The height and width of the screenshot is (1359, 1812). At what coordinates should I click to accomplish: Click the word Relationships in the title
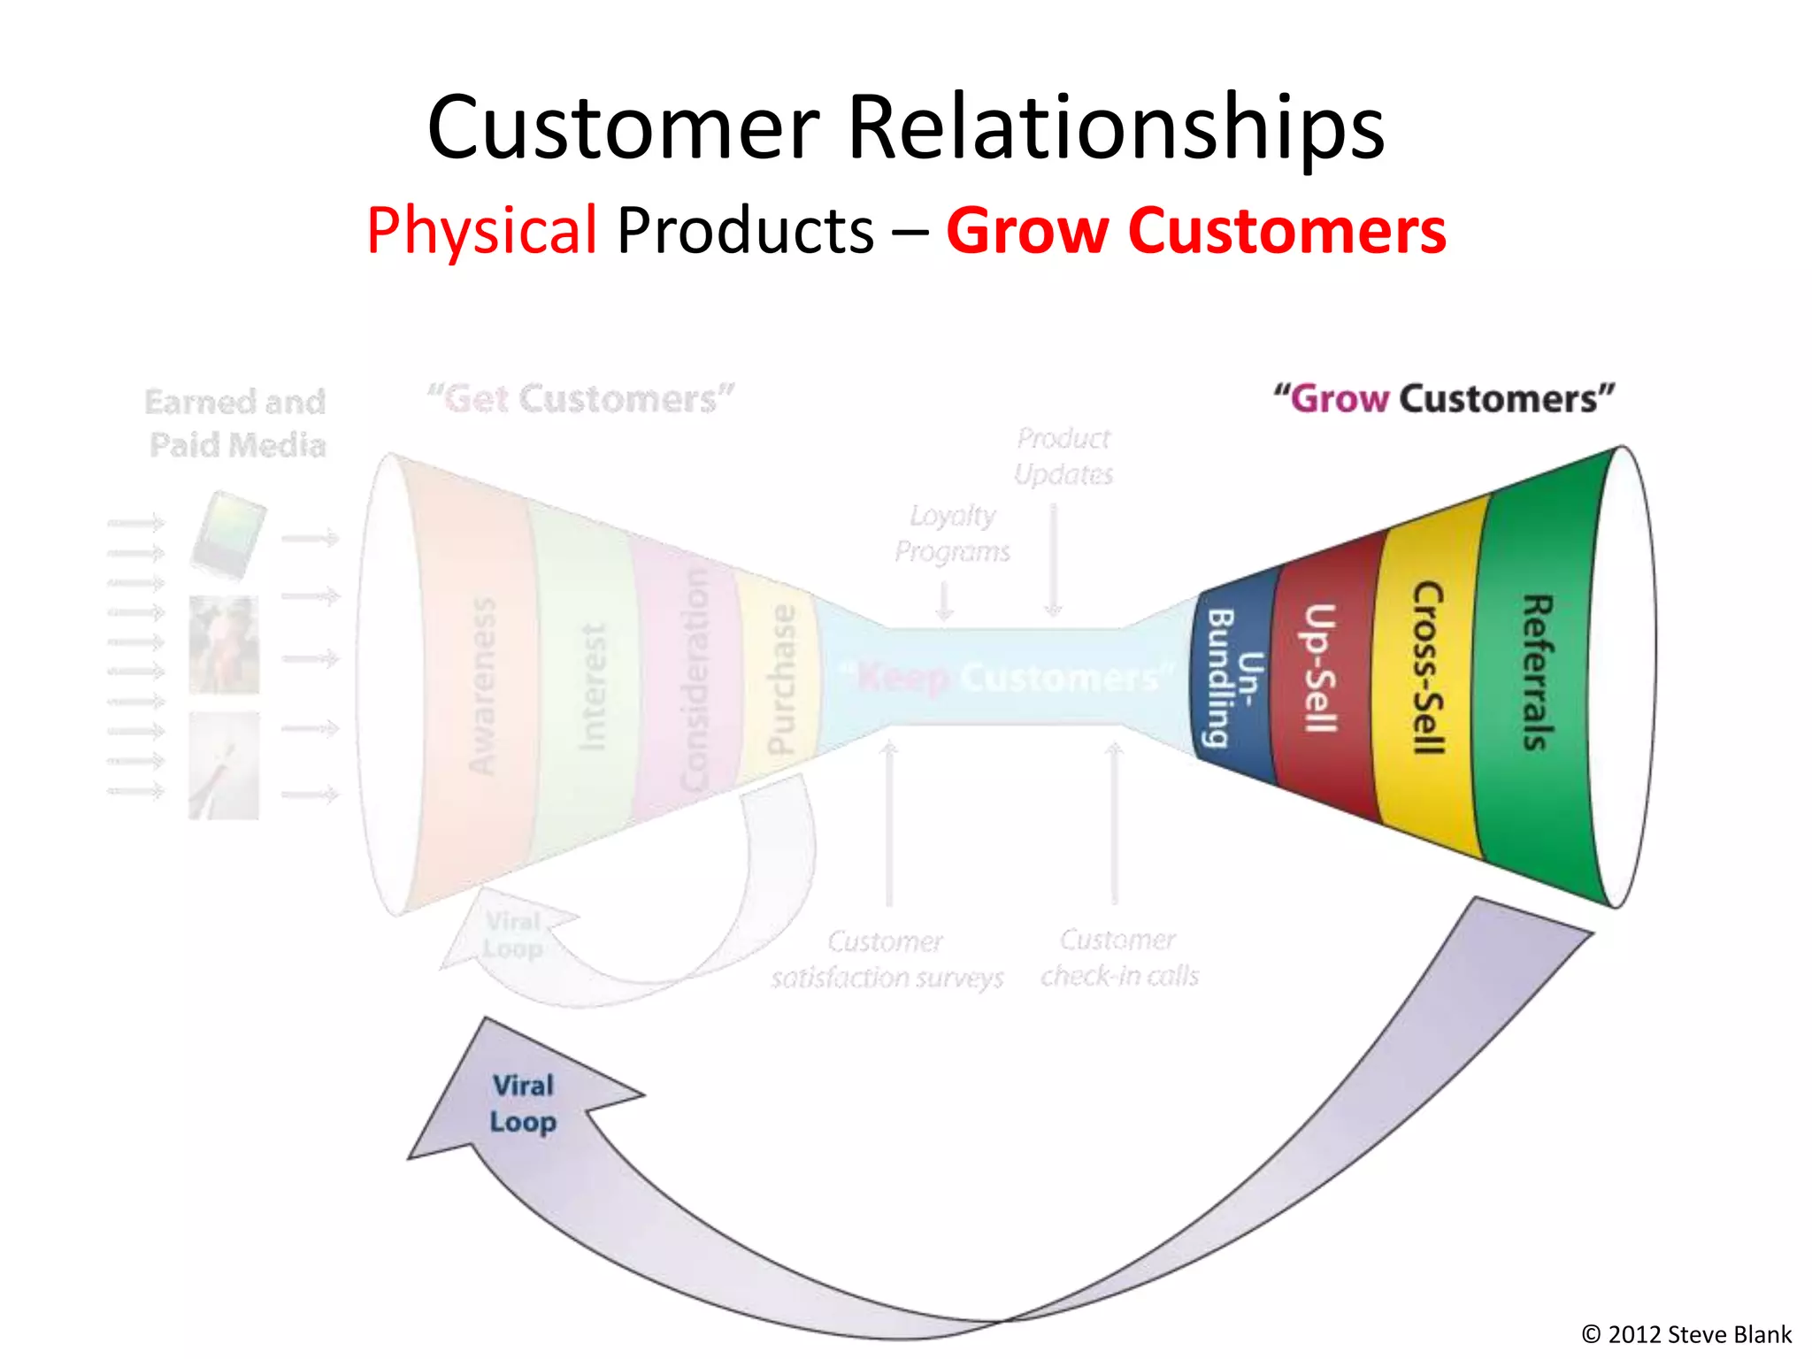coord(1115,128)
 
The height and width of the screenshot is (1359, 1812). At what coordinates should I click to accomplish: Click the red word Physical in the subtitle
coord(482,230)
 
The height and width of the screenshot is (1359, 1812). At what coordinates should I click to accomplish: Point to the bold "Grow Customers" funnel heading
coord(1444,399)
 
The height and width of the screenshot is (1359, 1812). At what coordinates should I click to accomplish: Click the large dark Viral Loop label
coord(523,1104)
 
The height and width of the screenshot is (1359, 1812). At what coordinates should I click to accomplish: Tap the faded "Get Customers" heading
coord(580,399)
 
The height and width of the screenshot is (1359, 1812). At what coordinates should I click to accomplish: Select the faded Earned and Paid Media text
coord(236,423)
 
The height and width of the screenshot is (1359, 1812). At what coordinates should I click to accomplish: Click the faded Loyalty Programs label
coord(952,534)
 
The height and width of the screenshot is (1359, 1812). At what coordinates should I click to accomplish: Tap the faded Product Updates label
coord(1063,457)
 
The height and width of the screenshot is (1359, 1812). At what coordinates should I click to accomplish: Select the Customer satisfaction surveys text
coord(887,959)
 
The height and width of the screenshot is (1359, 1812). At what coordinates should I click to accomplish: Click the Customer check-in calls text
coord(1119,958)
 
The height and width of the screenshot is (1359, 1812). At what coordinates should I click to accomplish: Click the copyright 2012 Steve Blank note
coord(1685,1334)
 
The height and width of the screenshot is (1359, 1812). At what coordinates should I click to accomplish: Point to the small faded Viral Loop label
coord(513,935)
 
